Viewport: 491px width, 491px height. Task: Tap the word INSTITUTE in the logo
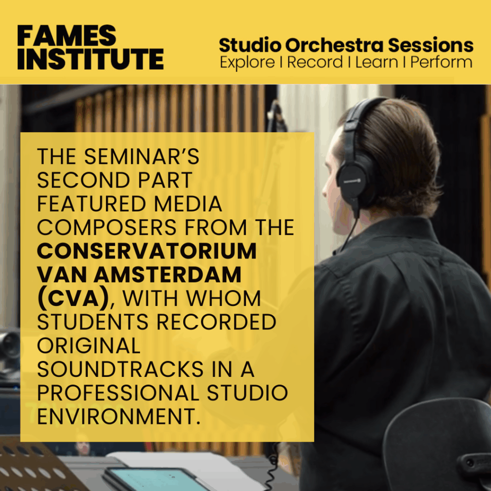pyautogui.click(x=91, y=59)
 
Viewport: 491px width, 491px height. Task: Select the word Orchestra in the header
pyautogui.click(x=334, y=45)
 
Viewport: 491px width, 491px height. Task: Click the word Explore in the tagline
pyautogui.click(x=247, y=62)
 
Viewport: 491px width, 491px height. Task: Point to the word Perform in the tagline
pyautogui.click(x=441, y=62)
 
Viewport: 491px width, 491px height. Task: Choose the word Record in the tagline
pyautogui.click(x=315, y=62)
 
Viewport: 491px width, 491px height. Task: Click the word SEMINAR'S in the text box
pyautogui.click(x=141, y=156)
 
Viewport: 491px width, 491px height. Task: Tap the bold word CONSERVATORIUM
pyautogui.click(x=147, y=251)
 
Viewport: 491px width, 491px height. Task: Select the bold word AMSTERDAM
pyautogui.click(x=167, y=275)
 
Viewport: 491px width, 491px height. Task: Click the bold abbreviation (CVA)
pyautogui.click(x=73, y=298)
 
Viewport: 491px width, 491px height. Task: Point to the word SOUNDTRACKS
pyautogui.click(x=120, y=369)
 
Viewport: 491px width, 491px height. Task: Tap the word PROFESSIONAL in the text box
pyautogui.click(x=118, y=393)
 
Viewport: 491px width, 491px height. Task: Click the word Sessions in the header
pyautogui.click(x=431, y=45)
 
